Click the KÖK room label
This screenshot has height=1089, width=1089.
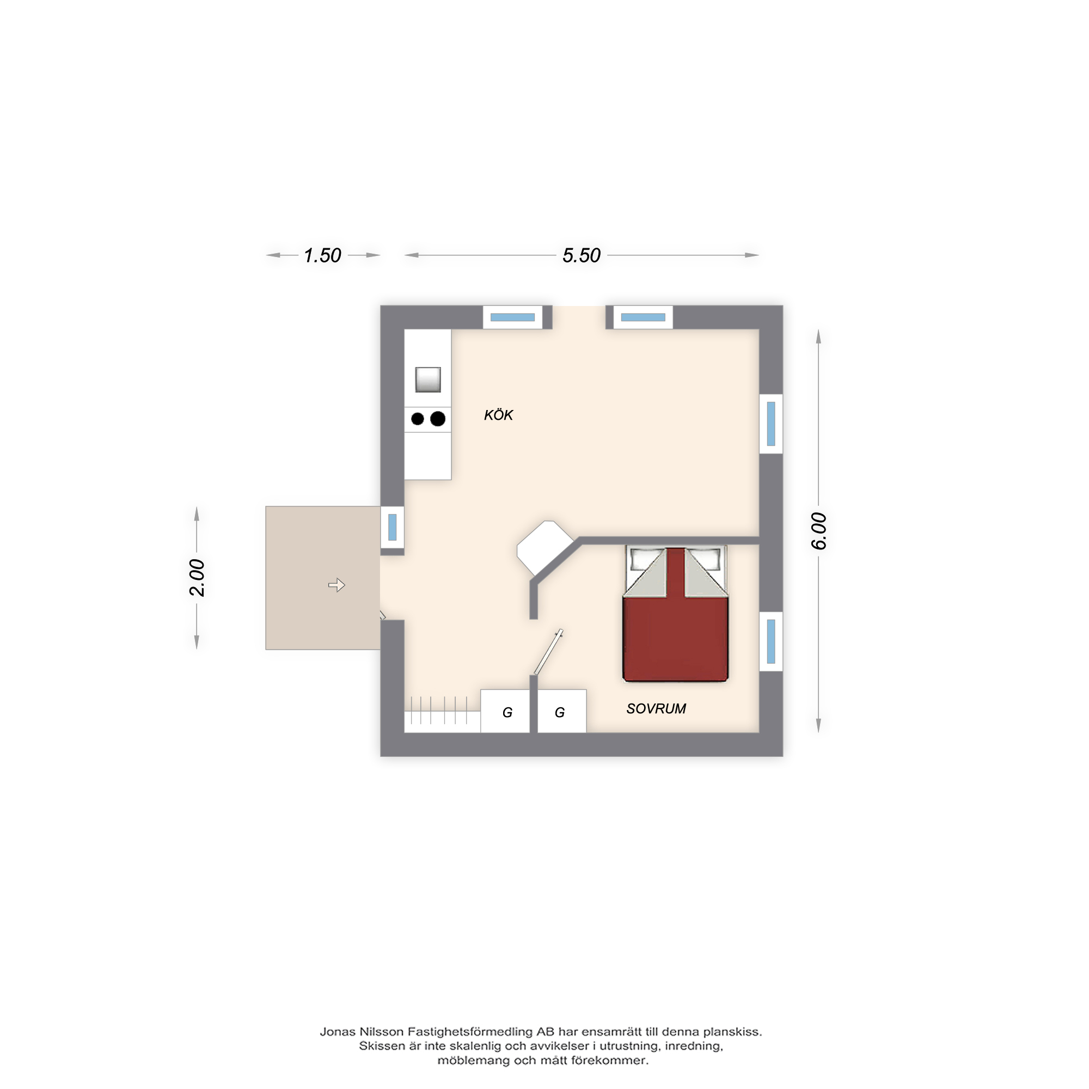pyautogui.click(x=498, y=415)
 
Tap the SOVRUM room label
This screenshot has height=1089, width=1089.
pyautogui.click(x=656, y=708)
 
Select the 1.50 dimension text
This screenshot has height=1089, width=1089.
pyautogui.click(x=322, y=255)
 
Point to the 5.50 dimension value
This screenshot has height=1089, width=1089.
pyautogui.click(x=582, y=255)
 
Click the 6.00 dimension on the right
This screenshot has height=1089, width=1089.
pyautogui.click(x=818, y=531)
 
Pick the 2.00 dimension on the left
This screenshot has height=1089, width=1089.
pyautogui.click(x=197, y=578)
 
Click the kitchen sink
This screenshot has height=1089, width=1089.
pyautogui.click(x=428, y=380)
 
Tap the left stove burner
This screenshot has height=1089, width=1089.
pyautogui.click(x=418, y=419)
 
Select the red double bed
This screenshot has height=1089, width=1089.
pyautogui.click(x=675, y=614)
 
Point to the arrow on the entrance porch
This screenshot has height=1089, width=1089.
pyautogui.click(x=337, y=585)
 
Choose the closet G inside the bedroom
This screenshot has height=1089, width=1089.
pyautogui.click(x=562, y=711)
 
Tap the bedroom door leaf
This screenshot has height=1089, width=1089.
pyautogui.click(x=548, y=652)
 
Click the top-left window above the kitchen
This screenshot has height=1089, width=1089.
pyautogui.click(x=512, y=317)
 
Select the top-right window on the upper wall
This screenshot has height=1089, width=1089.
pyautogui.click(x=643, y=317)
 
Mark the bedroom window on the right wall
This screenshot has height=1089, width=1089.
pyautogui.click(x=771, y=641)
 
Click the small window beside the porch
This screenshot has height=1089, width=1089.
pyautogui.click(x=392, y=527)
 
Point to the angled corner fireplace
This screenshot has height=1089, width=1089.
pyautogui.click(x=545, y=547)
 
